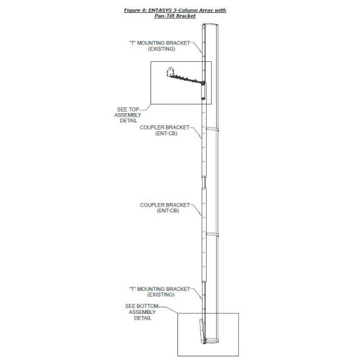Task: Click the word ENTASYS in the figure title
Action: click(160, 10)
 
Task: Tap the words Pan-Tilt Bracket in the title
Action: click(175, 16)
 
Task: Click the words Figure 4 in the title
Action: click(135, 10)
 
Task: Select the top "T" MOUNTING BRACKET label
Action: click(160, 43)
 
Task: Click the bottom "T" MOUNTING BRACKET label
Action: click(160, 289)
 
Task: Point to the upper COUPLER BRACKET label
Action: click(165, 127)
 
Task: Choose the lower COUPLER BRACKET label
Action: click(165, 205)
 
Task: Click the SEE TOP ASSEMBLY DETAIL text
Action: click(128, 115)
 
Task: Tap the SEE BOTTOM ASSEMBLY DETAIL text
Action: click(142, 312)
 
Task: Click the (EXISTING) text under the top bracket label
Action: click(161, 49)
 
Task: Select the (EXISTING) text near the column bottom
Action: click(161, 294)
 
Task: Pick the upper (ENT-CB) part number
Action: click(166, 133)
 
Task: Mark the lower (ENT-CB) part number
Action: click(168, 211)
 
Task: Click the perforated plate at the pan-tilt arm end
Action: click(170, 72)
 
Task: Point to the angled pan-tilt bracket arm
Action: click(187, 80)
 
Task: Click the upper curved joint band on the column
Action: click(212, 130)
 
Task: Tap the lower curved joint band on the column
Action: click(212, 235)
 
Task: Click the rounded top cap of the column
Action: click(210, 25)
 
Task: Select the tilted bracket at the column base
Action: click(202, 330)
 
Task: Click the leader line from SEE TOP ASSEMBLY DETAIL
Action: click(145, 107)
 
